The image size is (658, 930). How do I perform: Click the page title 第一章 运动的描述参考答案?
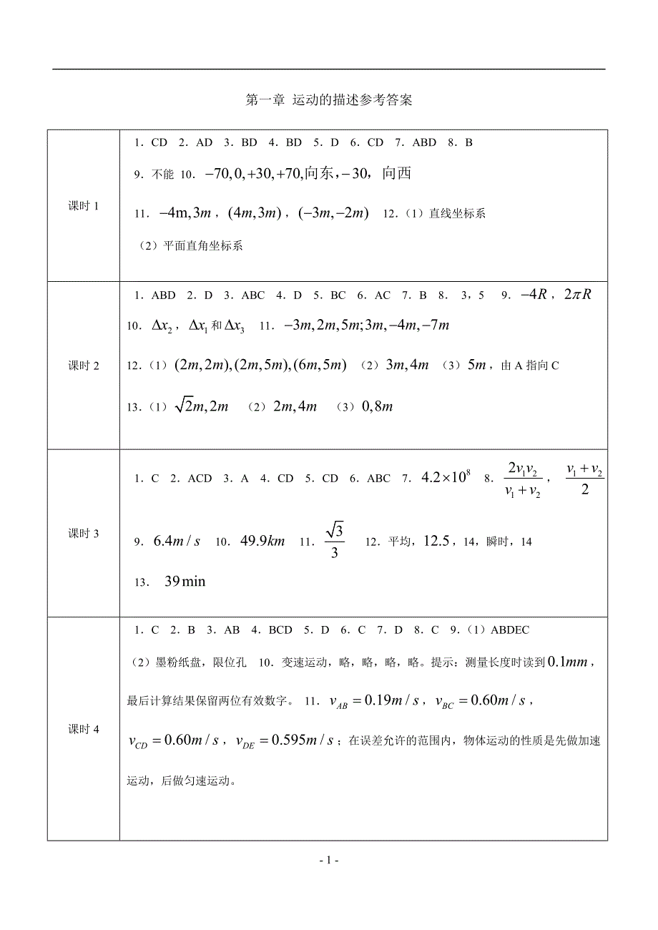pos(329,100)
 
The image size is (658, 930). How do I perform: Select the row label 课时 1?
pos(84,206)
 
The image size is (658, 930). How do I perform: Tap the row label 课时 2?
pos(84,366)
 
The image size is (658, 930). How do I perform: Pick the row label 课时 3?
pos(84,533)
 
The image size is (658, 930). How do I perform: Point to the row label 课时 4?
pos(84,729)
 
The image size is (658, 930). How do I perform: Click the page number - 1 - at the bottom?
pos(329,861)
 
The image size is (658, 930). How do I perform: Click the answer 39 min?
pos(185,582)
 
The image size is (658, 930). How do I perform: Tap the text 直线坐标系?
pos(458,214)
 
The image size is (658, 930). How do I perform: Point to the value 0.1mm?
pos(566,662)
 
